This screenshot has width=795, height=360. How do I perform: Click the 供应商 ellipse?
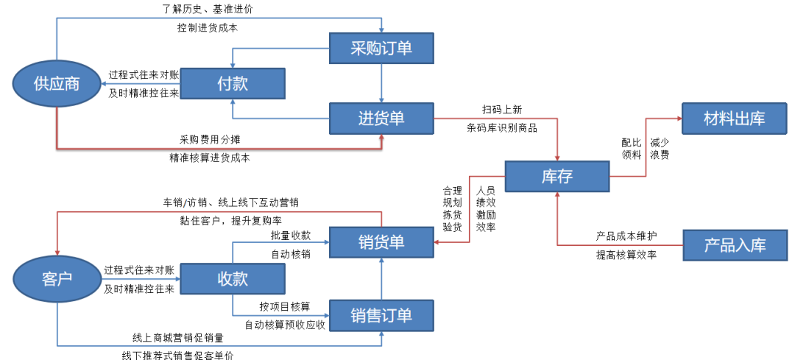click(57, 83)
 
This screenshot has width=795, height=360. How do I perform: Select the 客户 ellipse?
click(57, 278)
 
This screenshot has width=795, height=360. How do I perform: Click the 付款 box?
click(232, 83)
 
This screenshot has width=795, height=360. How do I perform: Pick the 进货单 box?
click(381, 118)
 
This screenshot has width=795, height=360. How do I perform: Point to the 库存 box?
click(556, 177)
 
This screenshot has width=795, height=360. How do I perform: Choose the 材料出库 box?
click(734, 118)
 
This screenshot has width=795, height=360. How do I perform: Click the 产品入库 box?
click(734, 245)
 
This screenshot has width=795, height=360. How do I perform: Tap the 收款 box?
click(232, 278)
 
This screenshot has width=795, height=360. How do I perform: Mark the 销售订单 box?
click(381, 315)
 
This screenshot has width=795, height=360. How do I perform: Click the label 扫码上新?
click(502, 110)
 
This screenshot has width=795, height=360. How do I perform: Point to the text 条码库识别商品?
click(502, 127)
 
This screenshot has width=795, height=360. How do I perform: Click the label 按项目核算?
click(284, 306)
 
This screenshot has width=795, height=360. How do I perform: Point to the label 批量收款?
click(290, 236)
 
